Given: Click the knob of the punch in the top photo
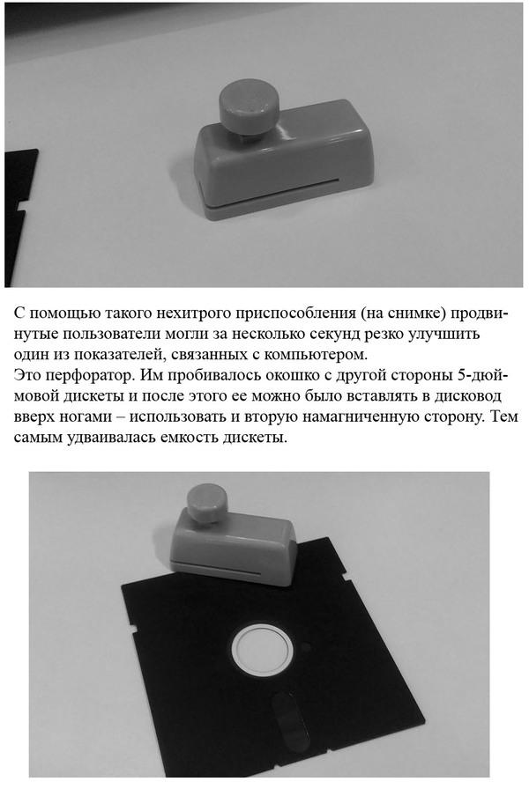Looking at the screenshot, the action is [x=249, y=111].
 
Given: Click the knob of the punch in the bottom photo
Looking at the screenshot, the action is [x=205, y=502].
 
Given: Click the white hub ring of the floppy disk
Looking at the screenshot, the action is [x=263, y=652].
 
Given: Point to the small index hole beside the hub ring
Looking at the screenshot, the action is [x=307, y=647].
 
